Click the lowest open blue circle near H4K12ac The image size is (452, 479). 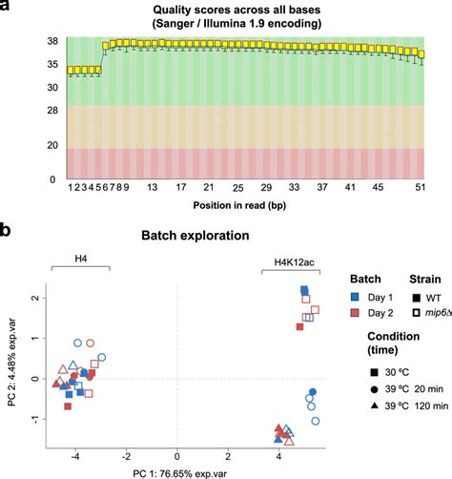tap(316, 421)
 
